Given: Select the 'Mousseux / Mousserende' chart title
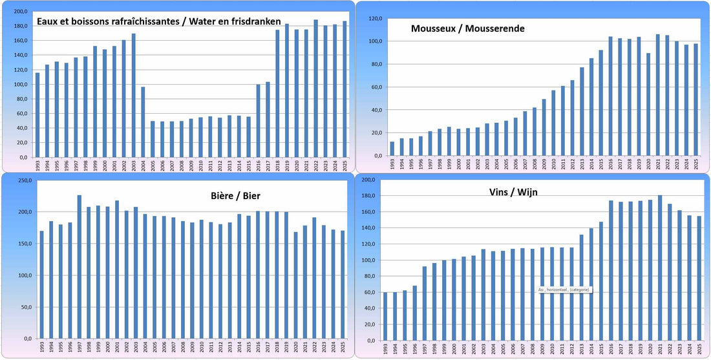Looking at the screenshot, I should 467,28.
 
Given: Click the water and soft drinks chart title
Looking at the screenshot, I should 158,21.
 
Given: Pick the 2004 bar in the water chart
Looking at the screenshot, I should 143,122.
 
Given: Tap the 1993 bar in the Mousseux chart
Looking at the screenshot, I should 392,149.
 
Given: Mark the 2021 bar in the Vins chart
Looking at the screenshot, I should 660,268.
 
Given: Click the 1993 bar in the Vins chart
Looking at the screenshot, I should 385,316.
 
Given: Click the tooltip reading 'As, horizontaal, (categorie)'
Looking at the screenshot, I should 564,290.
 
